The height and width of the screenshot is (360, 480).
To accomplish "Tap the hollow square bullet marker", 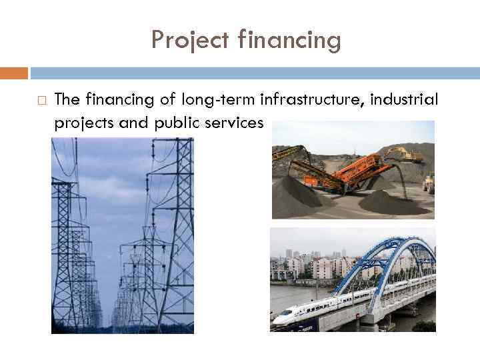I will [41, 101].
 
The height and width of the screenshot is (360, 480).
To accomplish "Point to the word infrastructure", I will [311, 100].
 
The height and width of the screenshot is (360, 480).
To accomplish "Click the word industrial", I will [405, 100].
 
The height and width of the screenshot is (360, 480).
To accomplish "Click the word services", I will [237, 123].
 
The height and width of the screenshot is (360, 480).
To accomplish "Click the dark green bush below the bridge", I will [423, 326].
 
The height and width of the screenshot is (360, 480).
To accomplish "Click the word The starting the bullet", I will [67, 100].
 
